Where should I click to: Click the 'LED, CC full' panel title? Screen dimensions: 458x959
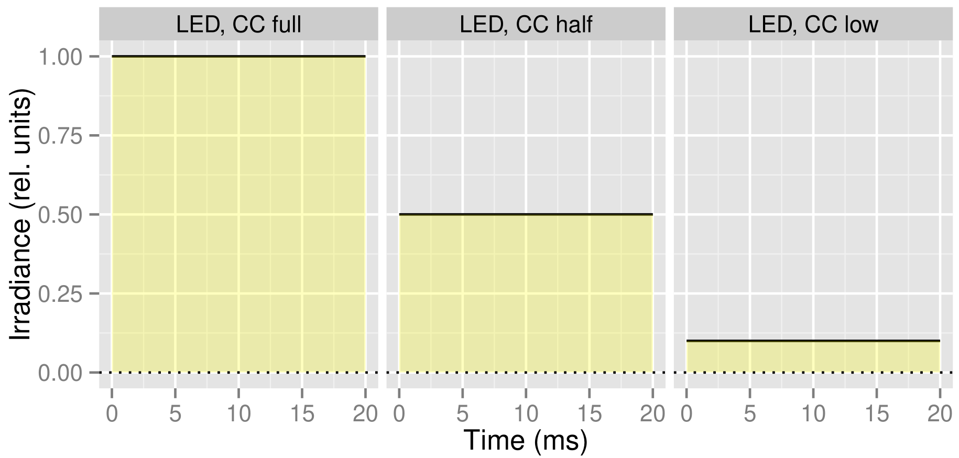click(x=238, y=25)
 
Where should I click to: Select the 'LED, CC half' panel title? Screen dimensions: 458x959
click(x=526, y=25)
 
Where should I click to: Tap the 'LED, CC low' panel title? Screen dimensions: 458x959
click(x=813, y=25)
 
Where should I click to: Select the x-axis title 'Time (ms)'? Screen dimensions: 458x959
click(x=526, y=440)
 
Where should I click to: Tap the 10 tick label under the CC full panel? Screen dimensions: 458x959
click(x=238, y=414)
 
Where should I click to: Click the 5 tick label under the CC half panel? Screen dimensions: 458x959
click(x=462, y=414)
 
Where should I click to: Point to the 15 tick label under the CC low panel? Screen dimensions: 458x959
click(x=876, y=414)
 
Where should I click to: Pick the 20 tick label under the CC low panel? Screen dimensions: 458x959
click(x=940, y=414)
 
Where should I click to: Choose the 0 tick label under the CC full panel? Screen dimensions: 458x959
click(x=112, y=414)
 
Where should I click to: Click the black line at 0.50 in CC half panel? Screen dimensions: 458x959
click(x=526, y=214)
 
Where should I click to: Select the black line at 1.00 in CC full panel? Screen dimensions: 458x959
click(x=238, y=56)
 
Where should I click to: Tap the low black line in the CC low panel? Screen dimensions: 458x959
click(x=813, y=341)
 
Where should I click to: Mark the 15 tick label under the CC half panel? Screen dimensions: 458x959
click(x=589, y=414)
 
